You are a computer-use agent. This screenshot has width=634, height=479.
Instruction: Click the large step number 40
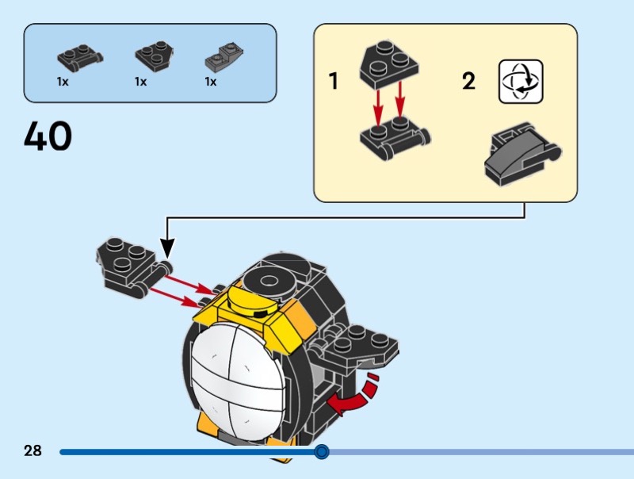click(48, 136)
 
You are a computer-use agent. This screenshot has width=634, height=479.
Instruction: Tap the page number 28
click(32, 451)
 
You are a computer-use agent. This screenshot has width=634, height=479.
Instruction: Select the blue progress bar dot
click(321, 452)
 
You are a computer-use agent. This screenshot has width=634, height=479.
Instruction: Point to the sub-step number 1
click(334, 81)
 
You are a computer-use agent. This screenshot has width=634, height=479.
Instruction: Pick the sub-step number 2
click(468, 81)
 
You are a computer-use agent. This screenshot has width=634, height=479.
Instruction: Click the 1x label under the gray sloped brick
click(211, 81)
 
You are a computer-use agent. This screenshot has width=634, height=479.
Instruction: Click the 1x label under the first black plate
click(62, 81)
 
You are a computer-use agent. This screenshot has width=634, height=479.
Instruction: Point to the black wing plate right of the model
click(365, 343)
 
